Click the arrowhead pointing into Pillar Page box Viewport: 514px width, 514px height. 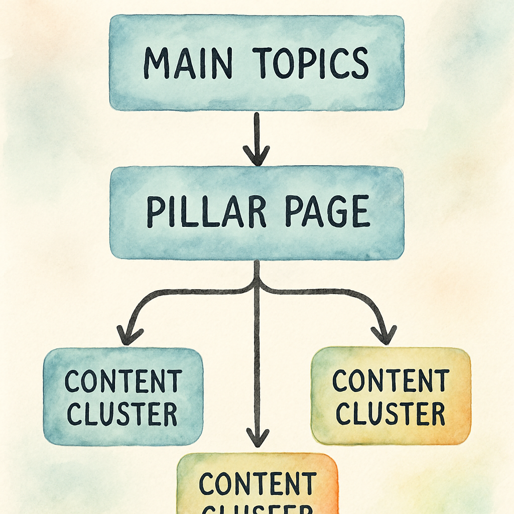click(x=256, y=156)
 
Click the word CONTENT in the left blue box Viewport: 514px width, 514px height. click(x=123, y=381)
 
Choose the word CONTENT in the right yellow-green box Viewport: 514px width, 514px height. click(x=391, y=381)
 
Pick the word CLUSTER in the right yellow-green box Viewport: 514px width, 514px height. click(x=391, y=414)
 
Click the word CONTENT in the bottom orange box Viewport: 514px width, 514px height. click(x=258, y=484)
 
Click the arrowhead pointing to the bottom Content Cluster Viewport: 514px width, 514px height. click(x=257, y=438)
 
